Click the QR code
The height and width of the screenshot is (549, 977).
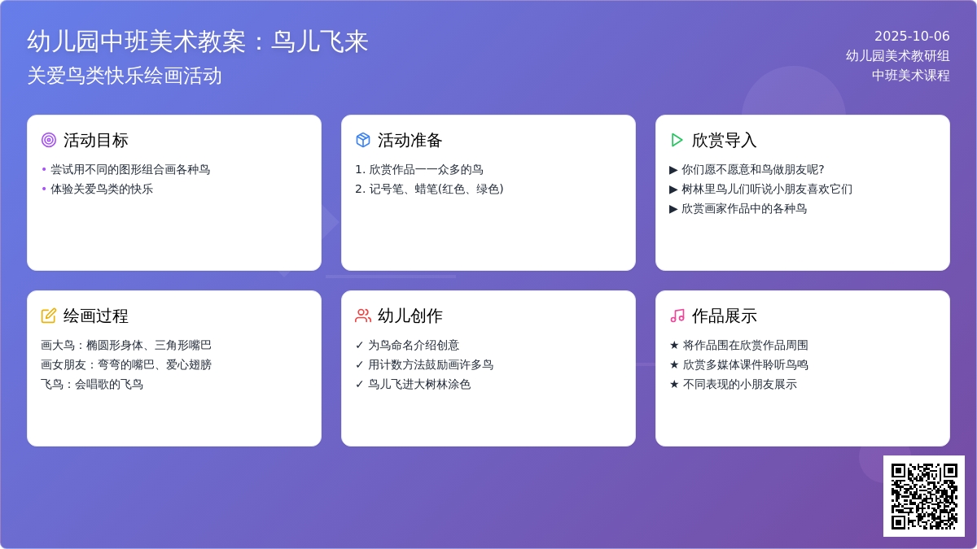tap(924, 496)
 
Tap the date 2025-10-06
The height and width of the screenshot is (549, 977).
tap(912, 36)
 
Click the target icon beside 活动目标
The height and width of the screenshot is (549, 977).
tap(49, 140)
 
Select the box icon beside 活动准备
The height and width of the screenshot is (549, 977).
tap(363, 140)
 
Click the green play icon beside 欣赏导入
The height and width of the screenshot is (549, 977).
tap(677, 140)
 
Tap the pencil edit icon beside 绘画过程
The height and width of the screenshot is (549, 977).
tap(48, 316)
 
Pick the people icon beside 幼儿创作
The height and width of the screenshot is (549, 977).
tap(363, 316)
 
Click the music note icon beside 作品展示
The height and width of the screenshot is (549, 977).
tap(677, 316)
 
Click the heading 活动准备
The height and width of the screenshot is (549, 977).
tap(410, 140)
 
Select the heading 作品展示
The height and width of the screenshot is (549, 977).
tap(724, 316)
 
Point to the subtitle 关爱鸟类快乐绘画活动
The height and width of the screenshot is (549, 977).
tap(125, 76)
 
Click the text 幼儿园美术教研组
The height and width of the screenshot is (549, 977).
tap(897, 56)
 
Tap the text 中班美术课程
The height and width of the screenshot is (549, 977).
tap(911, 76)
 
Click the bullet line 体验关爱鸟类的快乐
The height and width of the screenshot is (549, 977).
tap(102, 189)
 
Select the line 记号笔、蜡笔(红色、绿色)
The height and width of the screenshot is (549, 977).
tap(436, 189)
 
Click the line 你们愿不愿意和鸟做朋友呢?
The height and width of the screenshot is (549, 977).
tap(753, 169)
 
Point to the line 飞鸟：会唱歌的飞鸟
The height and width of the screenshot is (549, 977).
tap(92, 384)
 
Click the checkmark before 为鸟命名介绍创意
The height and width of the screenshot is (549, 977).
tap(359, 345)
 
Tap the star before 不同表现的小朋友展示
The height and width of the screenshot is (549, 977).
tap(674, 384)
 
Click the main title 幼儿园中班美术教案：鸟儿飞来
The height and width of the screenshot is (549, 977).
tap(198, 41)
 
